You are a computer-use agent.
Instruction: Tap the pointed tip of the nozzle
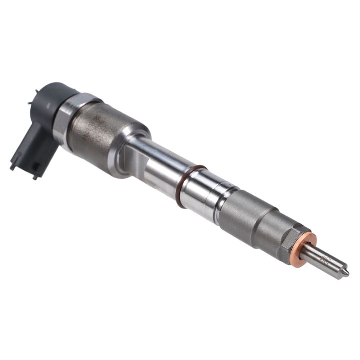[345, 273]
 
